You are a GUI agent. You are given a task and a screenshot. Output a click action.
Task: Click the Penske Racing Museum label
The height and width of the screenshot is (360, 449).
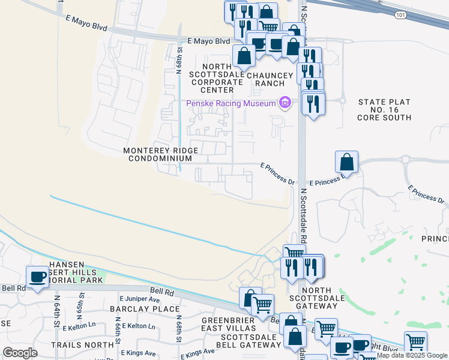pos(231,103)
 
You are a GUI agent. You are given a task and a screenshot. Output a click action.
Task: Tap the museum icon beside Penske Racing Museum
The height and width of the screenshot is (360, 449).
pos(285,103)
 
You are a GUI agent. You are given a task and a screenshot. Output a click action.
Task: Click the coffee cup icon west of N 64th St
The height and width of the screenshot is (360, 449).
pos(37,277)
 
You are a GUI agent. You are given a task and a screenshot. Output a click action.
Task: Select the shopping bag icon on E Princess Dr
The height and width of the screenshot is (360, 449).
pos(347,162)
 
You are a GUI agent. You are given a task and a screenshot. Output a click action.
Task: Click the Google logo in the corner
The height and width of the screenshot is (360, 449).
pos(20,353)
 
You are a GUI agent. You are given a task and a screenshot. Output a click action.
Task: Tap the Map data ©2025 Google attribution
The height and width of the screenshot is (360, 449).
pos(412,356)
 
